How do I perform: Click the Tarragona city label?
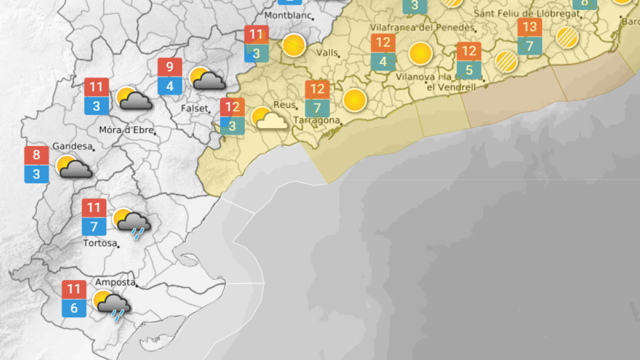tap(316, 121)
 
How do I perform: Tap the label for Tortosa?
tap(100, 243)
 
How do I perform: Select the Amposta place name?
tap(115, 282)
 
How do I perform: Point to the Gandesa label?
tap(73, 146)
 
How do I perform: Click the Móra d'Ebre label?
tap(126, 130)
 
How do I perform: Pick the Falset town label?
tap(194, 108)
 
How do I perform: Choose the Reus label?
tap(284, 105)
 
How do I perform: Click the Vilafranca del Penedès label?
tap(422, 27)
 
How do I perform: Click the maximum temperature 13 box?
tap(530, 27)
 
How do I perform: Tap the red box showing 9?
tap(170, 68)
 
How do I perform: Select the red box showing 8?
tap(36, 156)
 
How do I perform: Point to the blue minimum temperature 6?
tap(74, 308)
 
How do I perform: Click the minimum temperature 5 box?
tap(469, 70)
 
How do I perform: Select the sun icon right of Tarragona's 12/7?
tap(354, 99)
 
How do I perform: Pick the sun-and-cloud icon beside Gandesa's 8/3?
tap(73, 167)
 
